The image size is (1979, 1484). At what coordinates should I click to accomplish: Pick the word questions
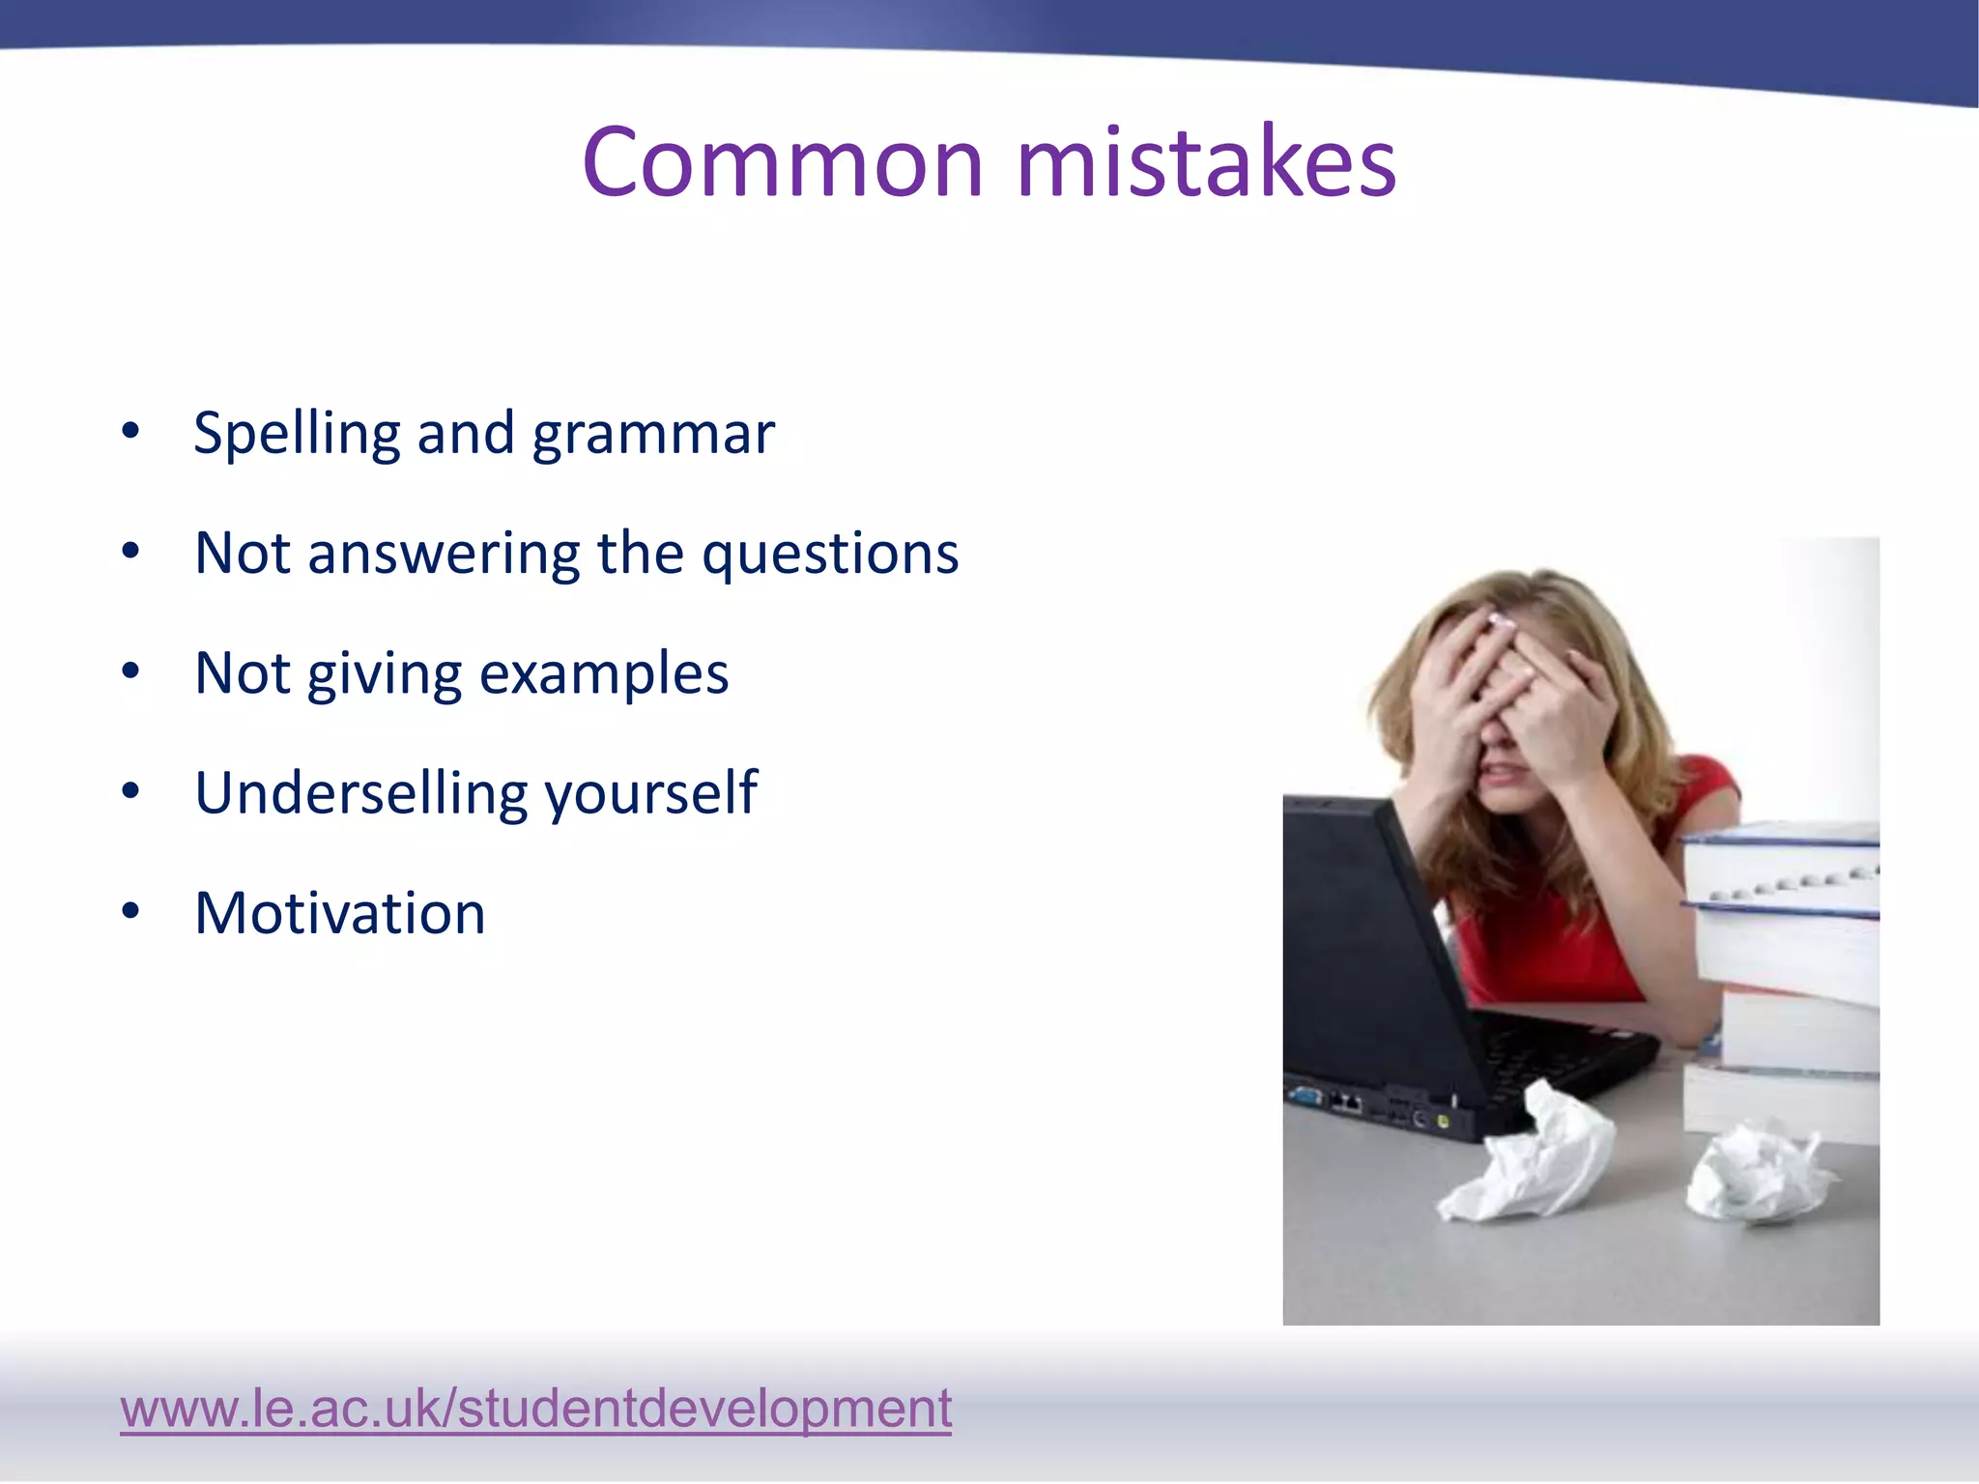pyautogui.click(x=830, y=555)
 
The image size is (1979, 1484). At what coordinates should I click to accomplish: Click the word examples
pyautogui.click(x=604, y=673)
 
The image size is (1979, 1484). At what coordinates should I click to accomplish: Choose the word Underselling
pyautogui.click(x=360, y=793)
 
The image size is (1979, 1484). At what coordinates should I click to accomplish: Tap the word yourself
pyautogui.click(x=651, y=793)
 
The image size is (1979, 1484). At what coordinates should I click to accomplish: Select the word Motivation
pyautogui.click(x=340, y=913)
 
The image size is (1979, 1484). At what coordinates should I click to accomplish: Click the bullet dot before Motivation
pyautogui.click(x=130, y=910)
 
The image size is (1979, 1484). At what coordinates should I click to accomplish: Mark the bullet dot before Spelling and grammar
pyautogui.click(x=130, y=431)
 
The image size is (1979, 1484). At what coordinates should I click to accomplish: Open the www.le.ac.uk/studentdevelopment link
pyautogui.click(x=535, y=1408)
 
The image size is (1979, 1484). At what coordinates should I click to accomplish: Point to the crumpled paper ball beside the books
pyautogui.click(x=1754, y=1174)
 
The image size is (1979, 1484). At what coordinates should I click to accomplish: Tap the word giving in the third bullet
pyautogui.click(x=385, y=673)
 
